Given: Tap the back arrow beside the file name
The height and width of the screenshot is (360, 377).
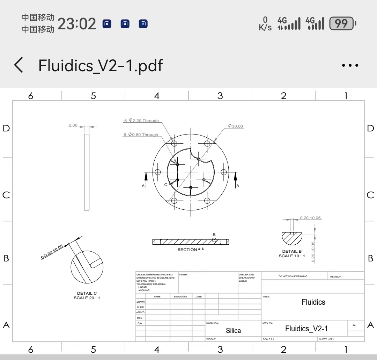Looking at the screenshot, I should (19, 65).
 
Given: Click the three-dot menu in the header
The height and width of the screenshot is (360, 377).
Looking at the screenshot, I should (350, 65).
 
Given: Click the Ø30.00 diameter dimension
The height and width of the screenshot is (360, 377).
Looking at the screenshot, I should (236, 126).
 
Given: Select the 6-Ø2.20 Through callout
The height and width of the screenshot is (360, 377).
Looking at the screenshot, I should (141, 121).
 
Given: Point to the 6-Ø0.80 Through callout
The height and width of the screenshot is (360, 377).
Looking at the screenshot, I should (141, 135).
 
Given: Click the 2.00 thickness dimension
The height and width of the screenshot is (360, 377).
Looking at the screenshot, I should (73, 125).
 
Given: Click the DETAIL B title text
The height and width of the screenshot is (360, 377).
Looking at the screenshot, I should (292, 251).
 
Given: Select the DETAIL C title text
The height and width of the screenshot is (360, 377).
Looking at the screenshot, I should (87, 293).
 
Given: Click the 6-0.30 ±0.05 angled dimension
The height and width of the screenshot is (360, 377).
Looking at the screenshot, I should (52, 252).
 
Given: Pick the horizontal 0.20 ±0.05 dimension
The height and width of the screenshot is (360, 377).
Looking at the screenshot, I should (310, 218).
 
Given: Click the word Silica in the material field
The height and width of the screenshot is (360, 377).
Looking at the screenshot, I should (233, 331).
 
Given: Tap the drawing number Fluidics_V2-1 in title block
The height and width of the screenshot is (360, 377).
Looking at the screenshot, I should (306, 329).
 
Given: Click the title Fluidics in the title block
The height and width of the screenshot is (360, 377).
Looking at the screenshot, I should (313, 302).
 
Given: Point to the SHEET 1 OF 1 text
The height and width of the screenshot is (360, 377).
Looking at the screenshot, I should (326, 339).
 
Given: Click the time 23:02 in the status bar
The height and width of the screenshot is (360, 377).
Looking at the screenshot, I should (76, 24).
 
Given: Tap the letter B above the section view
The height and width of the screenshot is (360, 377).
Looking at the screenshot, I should (214, 235).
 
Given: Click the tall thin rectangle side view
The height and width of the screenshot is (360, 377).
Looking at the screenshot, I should (87, 172).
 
